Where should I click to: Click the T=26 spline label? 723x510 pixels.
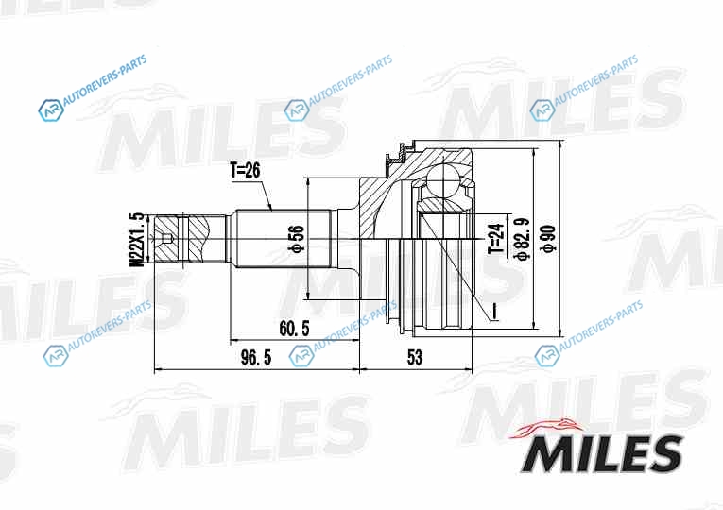(x=245, y=171)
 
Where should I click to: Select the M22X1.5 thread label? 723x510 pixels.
(x=137, y=240)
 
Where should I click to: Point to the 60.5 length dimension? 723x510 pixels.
(x=294, y=329)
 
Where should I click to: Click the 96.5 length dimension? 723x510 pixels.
(x=256, y=357)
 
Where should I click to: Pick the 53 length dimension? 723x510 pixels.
(x=415, y=357)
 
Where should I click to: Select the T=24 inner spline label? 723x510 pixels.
(x=496, y=239)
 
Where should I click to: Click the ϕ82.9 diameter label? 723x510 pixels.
(x=523, y=239)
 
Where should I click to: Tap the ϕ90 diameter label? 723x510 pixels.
(x=549, y=239)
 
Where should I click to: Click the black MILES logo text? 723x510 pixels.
(x=602, y=453)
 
